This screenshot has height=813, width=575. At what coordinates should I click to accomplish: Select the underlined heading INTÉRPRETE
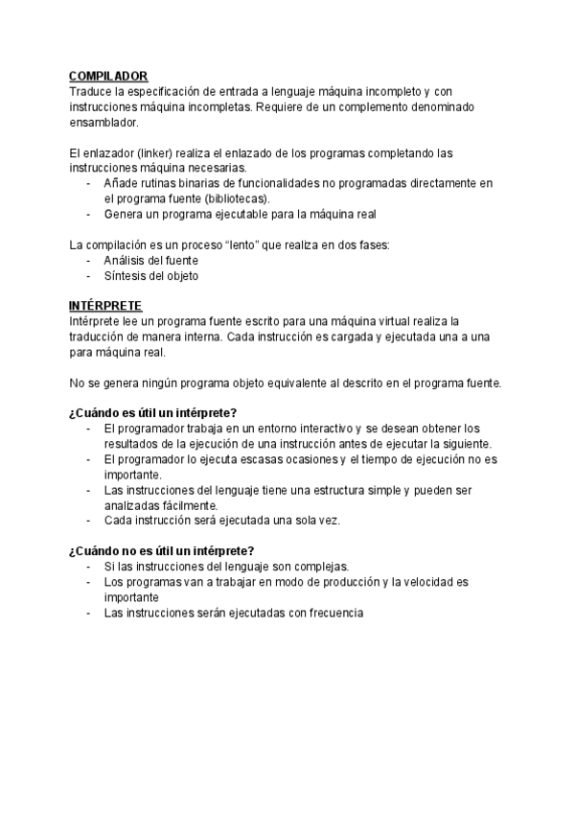pos(105,306)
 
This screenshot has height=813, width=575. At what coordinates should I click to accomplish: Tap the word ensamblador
pos(104,123)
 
